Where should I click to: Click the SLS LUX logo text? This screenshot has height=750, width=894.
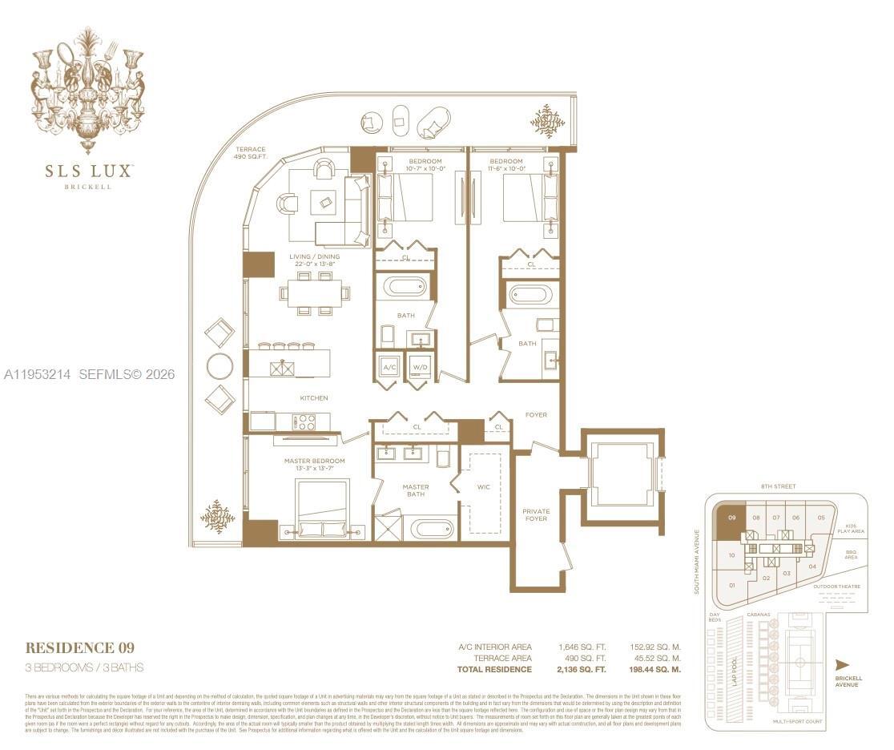[88, 170]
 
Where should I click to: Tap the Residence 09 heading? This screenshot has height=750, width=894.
[79, 647]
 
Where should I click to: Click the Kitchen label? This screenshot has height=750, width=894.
[314, 398]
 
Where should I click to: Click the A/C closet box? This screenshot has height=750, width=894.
[390, 368]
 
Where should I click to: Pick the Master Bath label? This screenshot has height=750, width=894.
[415, 491]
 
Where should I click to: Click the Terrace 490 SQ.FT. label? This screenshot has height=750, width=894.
[250, 154]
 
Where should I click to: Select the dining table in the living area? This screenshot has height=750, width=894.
[315, 292]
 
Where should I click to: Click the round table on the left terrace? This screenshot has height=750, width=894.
[219, 366]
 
